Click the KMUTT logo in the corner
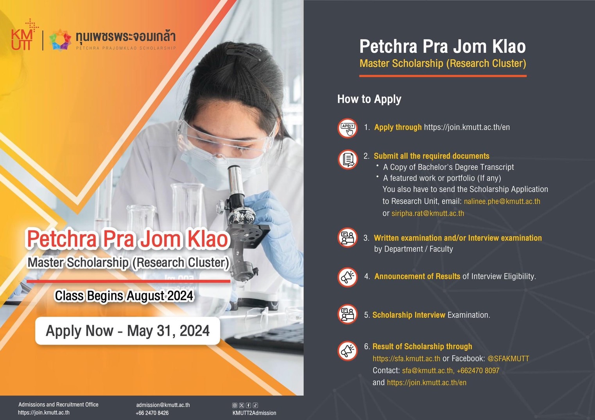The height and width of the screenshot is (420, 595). pyautogui.click(x=23, y=37)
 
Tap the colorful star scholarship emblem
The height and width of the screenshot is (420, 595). pyautogui.click(x=60, y=40)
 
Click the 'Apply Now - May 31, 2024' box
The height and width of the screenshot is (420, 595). pyautogui.click(x=127, y=331)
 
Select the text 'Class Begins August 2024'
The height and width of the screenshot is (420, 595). pyautogui.click(x=124, y=296)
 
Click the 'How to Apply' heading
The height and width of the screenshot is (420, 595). pyautogui.click(x=369, y=99)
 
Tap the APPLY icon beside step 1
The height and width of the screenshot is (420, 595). pyautogui.click(x=347, y=128)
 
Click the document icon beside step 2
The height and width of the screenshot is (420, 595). pyautogui.click(x=347, y=159)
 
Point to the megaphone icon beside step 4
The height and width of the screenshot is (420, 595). pyautogui.click(x=347, y=277)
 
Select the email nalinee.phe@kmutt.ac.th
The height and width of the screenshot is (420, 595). pyautogui.click(x=502, y=201)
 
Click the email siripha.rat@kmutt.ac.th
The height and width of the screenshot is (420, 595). pyautogui.click(x=428, y=214)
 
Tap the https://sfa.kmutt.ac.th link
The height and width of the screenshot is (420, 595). pyautogui.click(x=406, y=359)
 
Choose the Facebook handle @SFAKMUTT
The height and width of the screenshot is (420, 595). pyautogui.click(x=508, y=359)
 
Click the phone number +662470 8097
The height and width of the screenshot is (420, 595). pyautogui.click(x=478, y=371)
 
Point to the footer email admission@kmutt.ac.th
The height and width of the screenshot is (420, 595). pyautogui.click(x=163, y=405)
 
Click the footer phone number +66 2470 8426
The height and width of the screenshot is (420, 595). pyautogui.click(x=152, y=413)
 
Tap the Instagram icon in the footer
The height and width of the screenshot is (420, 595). pyautogui.click(x=235, y=405)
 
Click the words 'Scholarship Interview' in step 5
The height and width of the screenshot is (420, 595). pyautogui.click(x=409, y=315)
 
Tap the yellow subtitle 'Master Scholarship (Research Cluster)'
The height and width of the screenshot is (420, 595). pyautogui.click(x=443, y=64)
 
